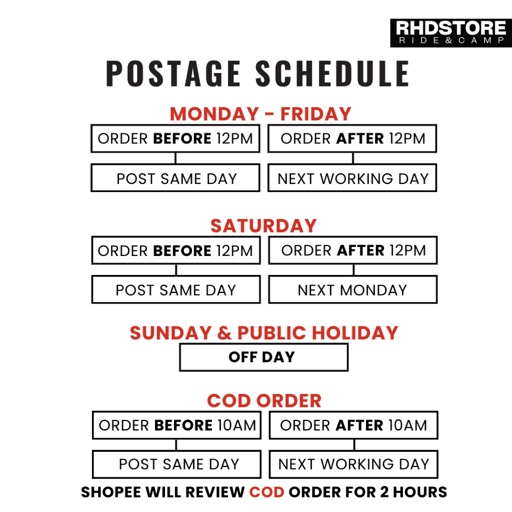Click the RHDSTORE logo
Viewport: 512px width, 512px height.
click(x=451, y=33)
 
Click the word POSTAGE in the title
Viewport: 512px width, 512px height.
click(x=173, y=73)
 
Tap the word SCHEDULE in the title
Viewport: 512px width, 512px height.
click(x=332, y=73)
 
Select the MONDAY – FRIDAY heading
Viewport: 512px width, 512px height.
click(x=260, y=114)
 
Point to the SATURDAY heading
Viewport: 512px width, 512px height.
click(x=263, y=226)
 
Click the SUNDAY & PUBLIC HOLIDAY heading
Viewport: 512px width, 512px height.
click(x=264, y=333)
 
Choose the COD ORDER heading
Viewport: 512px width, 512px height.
click(x=264, y=400)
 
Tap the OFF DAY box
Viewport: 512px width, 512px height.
click(x=264, y=357)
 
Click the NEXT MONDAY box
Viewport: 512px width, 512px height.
click(x=352, y=289)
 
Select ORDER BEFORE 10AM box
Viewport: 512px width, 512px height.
click(x=176, y=425)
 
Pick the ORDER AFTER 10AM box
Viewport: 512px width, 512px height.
click(x=353, y=425)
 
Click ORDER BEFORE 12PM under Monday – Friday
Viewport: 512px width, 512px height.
click(x=175, y=138)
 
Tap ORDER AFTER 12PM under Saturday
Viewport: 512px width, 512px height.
click(x=352, y=250)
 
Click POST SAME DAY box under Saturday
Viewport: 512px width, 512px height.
click(x=176, y=289)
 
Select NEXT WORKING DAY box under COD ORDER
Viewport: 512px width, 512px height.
click(x=353, y=464)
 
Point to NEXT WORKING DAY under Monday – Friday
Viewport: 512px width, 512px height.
click(x=352, y=178)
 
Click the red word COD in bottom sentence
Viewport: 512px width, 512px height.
click(x=267, y=492)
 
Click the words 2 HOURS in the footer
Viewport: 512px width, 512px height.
click(x=413, y=492)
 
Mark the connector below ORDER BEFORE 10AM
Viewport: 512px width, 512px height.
click(x=176, y=444)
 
